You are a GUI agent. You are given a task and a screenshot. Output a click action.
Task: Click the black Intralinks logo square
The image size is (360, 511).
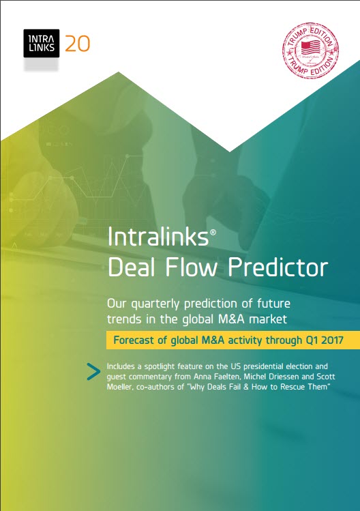(x=42, y=44)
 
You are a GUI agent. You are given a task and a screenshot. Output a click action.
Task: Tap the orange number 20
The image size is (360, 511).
(x=77, y=44)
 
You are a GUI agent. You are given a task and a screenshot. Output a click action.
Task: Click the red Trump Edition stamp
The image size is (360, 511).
(x=310, y=50)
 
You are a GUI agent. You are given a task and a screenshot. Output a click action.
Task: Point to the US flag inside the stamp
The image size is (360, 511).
(x=310, y=48)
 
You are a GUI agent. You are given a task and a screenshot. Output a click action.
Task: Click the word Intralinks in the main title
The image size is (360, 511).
(x=158, y=236)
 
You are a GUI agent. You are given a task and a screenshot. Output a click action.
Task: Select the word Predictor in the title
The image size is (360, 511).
(x=277, y=267)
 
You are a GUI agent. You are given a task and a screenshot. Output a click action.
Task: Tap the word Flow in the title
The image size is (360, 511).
(x=191, y=267)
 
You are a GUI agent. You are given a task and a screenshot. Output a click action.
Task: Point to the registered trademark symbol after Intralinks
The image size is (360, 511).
(x=213, y=232)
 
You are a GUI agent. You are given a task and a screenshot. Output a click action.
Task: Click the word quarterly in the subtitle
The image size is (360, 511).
(x=155, y=304)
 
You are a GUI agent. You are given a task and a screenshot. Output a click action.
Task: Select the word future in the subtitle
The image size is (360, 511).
(x=273, y=304)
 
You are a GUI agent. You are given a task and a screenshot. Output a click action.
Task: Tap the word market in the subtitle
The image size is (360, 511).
(x=268, y=319)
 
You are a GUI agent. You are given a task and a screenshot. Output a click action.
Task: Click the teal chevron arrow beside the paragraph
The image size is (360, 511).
(x=94, y=372)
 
